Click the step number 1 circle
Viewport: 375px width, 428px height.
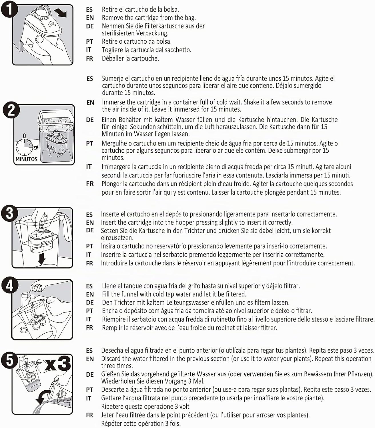[x=9, y=10]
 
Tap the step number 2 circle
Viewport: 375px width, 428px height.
[x=11, y=110]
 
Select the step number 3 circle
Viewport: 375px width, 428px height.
[x=9, y=213]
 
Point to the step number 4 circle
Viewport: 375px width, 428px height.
[x=10, y=285]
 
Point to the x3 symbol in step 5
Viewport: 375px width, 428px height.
[x=58, y=364]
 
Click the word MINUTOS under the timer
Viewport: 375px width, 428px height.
[x=26, y=160]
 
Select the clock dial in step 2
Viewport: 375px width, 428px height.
[x=24, y=148]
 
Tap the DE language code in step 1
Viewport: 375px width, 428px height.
[x=90, y=26]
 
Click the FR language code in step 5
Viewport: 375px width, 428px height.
[x=89, y=415]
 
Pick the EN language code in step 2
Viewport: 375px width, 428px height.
[x=90, y=102]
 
